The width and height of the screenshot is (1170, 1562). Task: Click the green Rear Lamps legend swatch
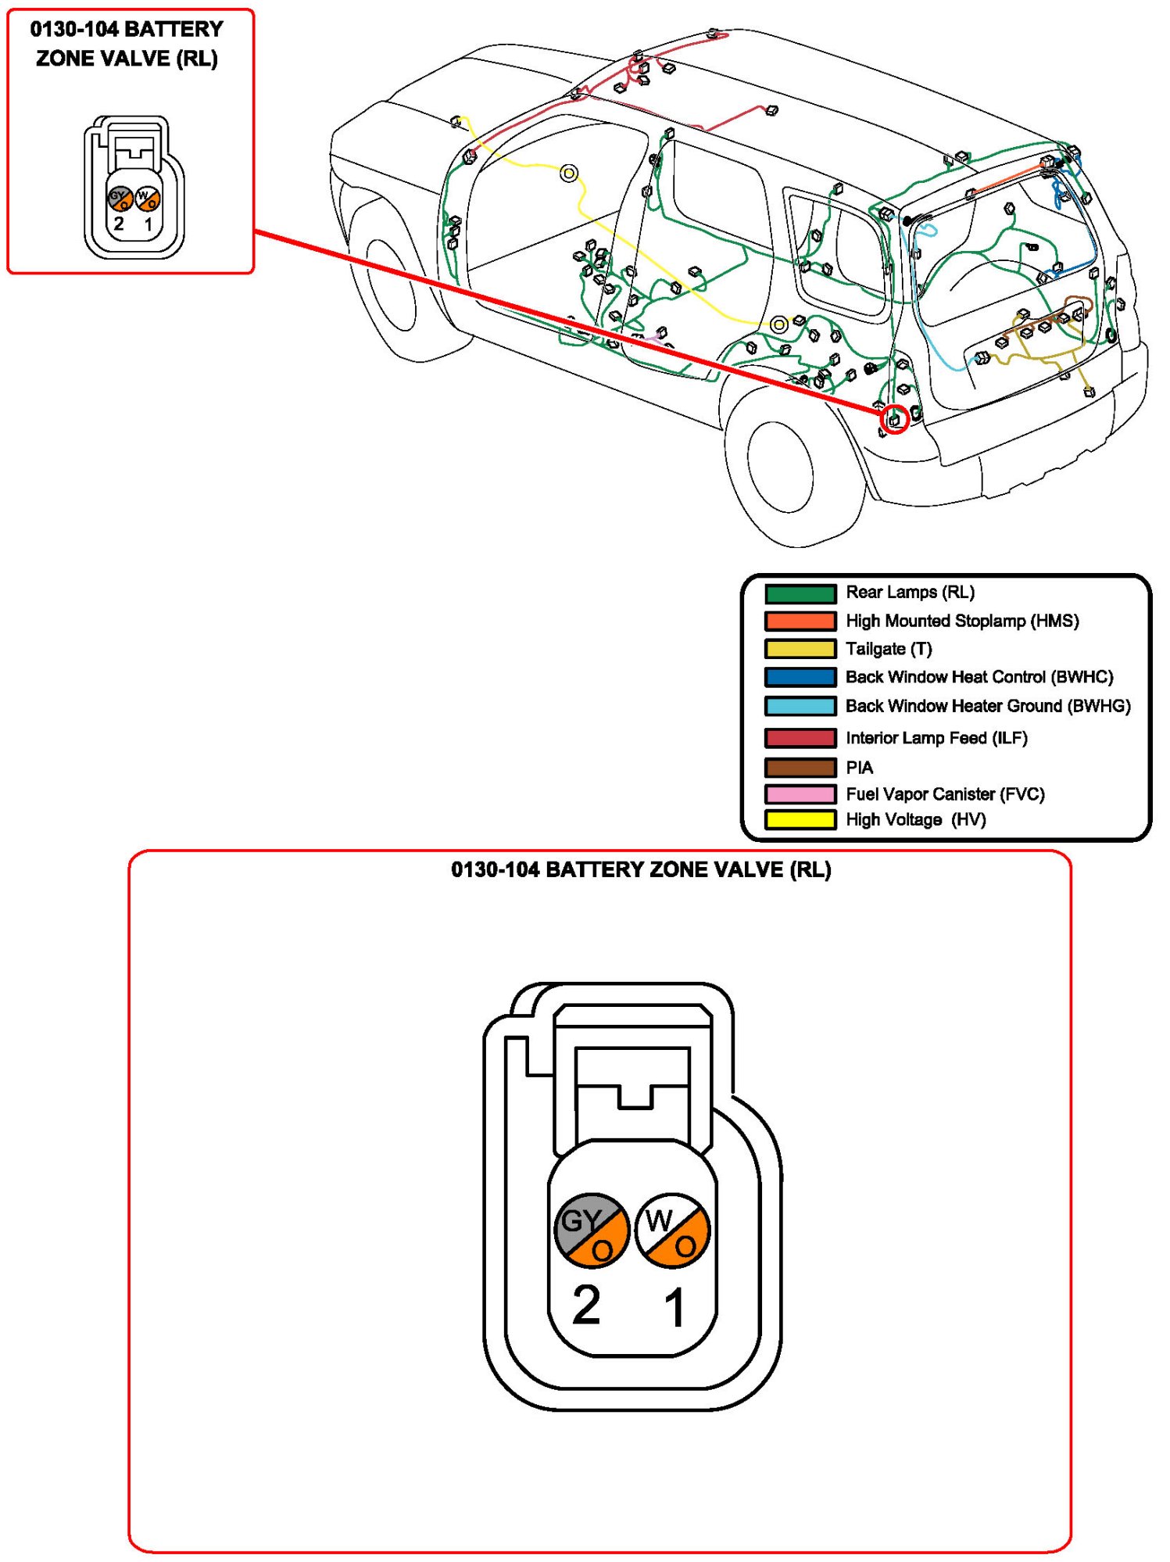point(800,593)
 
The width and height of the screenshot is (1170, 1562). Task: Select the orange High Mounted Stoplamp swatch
point(800,622)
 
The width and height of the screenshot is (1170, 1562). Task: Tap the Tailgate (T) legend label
point(889,649)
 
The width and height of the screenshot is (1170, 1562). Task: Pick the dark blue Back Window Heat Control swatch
point(800,677)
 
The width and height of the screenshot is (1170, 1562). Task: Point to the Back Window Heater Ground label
point(988,706)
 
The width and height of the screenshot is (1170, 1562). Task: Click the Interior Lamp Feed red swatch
point(800,738)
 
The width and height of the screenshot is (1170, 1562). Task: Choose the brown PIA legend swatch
point(800,768)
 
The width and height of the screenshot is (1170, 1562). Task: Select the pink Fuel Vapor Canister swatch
point(800,794)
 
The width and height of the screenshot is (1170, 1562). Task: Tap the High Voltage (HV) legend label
point(915,819)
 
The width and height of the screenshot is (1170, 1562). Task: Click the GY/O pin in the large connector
point(592,1230)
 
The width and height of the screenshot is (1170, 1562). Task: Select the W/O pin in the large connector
point(673,1230)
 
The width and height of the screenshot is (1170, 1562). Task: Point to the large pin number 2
point(586,1306)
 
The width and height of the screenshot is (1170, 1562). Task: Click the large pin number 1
point(674,1307)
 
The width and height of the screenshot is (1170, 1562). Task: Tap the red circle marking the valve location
point(895,420)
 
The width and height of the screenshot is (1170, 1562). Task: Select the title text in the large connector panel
point(641,869)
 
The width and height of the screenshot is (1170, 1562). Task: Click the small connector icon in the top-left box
point(134,188)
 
